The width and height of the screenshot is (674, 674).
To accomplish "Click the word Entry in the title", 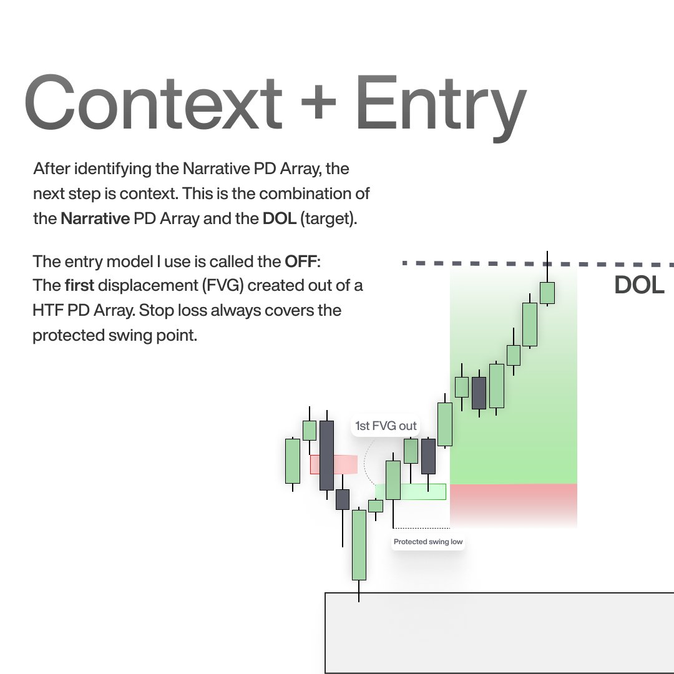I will click(441, 103).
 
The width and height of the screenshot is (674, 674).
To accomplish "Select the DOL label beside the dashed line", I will click(639, 285).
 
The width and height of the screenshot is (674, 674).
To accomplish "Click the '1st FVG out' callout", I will click(385, 426).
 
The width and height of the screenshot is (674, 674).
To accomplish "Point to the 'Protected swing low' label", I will click(428, 542).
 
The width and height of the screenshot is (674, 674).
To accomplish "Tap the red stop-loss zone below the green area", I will click(513, 504).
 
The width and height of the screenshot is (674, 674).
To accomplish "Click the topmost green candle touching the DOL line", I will click(547, 292).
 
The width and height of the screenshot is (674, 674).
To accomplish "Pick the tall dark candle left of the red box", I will click(326, 455).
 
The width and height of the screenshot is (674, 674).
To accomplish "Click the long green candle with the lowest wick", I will click(359, 545).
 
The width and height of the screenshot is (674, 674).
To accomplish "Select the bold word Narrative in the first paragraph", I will click(95, 219).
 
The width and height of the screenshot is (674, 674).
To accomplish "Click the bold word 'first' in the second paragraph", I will click(79, 286).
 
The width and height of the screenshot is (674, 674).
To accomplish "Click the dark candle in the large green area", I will click(479, 393).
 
